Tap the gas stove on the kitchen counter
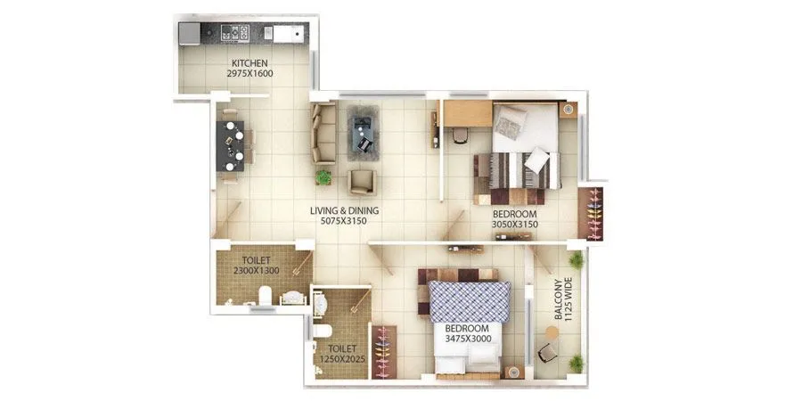pos(233,34)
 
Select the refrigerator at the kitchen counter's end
pos(190,34)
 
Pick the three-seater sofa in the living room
pos(323,133)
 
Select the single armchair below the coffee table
pos(361,182)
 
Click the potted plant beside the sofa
pos(323,177)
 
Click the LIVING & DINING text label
pos(344,211)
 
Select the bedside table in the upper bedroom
pos(568,108)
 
